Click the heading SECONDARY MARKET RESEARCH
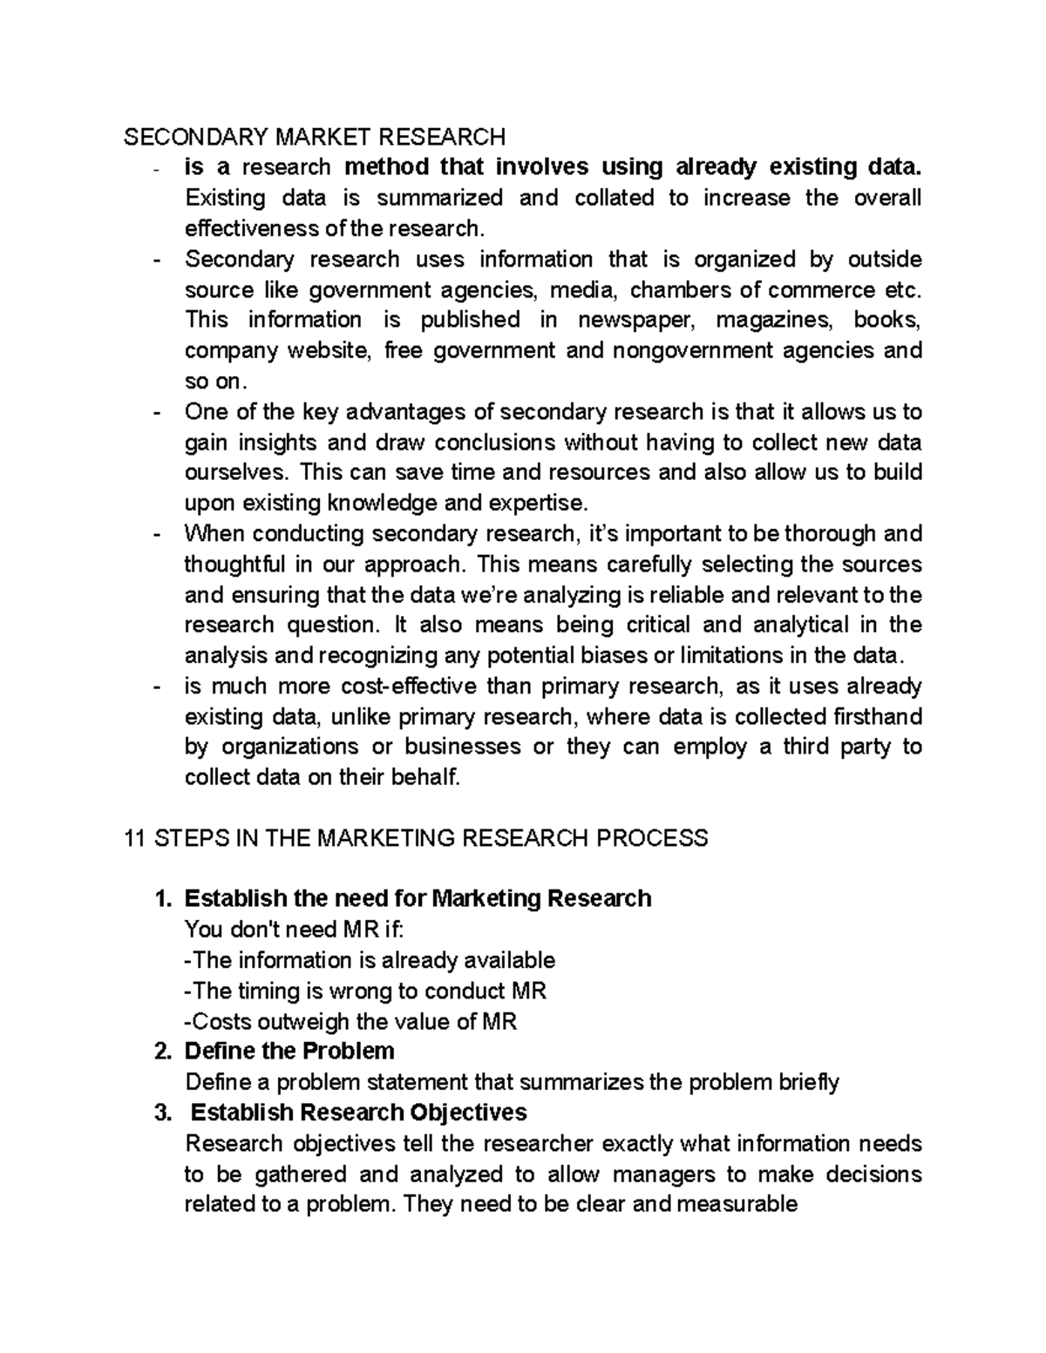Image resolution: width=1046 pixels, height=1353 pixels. click(x=314, y=137)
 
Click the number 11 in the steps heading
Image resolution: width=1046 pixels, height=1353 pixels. click(x=134, y=838)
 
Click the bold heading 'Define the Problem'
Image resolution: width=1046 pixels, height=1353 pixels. click(x=289, y=1051)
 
